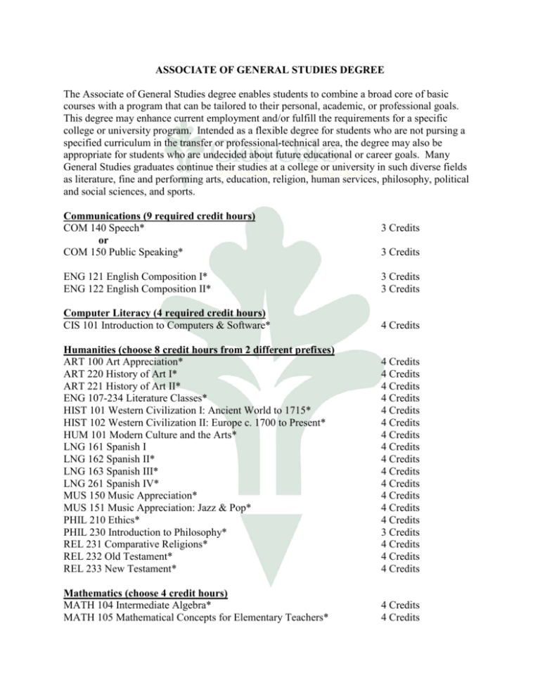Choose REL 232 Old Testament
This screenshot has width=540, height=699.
point(124,555)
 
